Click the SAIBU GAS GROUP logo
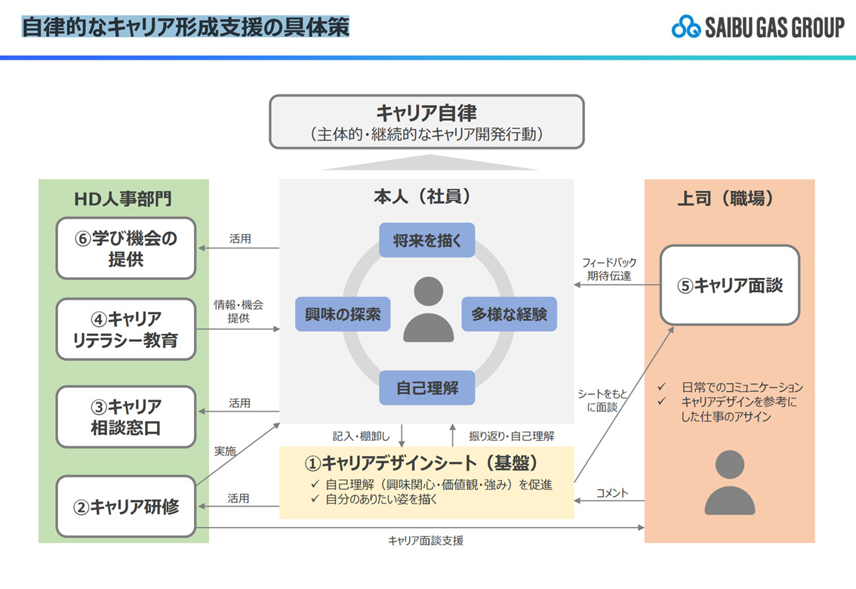click(758, 28)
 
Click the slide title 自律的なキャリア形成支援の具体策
click(185, 27)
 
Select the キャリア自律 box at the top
click(426, 122)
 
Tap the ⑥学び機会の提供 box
click(126, 248)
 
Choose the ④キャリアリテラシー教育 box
click(126, 328)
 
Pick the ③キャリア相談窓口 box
click(126, 417)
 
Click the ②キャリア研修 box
click(126, 506)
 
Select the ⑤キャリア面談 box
click(729, 285)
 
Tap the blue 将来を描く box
click(426, 240)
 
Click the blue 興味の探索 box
click(343, 313)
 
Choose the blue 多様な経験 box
click(509, 313)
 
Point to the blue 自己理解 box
click(426, 388)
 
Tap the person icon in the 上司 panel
click(729, 483)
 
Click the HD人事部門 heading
click(123, 199)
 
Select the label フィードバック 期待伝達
click(608, 270)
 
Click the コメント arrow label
click(612, 493)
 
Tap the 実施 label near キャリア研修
click(225, 451)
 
